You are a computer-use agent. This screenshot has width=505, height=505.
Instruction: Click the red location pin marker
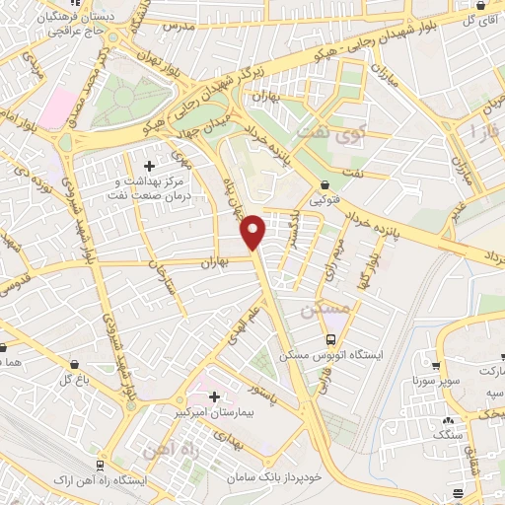(x=253, y=230)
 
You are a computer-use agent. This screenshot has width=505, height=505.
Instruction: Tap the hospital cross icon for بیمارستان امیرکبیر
(x=214, y=397)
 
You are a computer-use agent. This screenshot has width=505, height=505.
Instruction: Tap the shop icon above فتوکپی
(x=325, y=184)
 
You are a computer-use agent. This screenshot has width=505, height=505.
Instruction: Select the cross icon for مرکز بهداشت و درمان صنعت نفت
(x=149, y=166)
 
